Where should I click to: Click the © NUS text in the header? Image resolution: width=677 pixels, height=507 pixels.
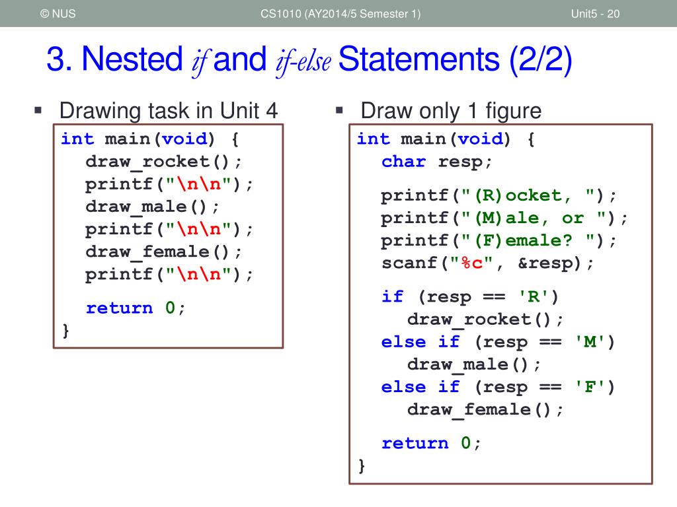point(58,14)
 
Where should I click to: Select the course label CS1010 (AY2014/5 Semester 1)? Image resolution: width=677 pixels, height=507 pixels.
point(340,14)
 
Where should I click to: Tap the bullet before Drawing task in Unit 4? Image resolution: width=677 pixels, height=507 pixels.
point(38,109)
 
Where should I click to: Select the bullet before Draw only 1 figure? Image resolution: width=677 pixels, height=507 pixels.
point(339,109)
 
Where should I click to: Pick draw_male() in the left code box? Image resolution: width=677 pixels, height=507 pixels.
point(152,207)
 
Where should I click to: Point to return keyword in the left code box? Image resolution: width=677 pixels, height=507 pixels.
point(120,308)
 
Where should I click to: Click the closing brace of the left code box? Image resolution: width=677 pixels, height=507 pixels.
point(65,329)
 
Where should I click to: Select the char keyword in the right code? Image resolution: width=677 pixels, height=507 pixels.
point(403,162)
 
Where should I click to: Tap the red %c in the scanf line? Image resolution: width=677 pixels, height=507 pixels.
point(473,263)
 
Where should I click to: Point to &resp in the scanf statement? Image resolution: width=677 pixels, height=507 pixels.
point(546,263)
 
